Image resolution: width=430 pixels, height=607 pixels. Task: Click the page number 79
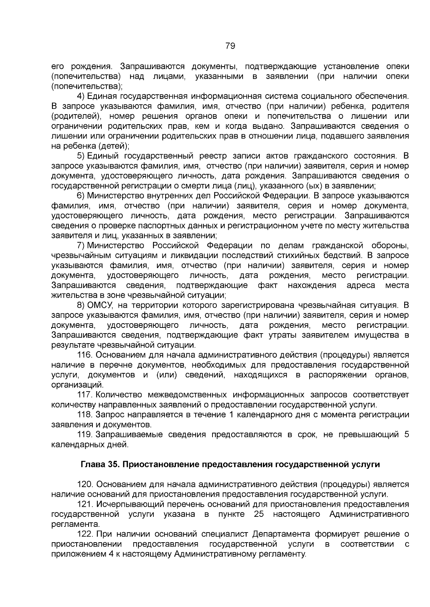point(230,46)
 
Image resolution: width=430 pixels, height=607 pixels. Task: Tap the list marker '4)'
point(81,96)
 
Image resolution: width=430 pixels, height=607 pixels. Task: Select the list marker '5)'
point(81,156)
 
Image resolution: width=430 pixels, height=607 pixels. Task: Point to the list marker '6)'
point(81,196)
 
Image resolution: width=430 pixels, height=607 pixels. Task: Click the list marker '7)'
point(81,246)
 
